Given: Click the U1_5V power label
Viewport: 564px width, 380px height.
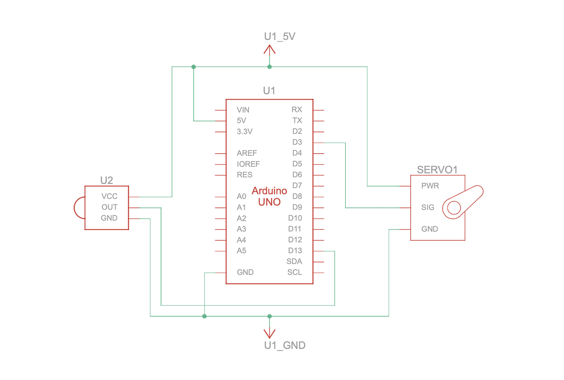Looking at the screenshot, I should [280, 37].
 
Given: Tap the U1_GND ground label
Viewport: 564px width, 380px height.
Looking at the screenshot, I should [285, 346].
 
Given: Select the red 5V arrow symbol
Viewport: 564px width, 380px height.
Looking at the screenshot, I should [269, 50].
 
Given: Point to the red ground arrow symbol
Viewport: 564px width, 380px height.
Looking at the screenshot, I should [269, 333].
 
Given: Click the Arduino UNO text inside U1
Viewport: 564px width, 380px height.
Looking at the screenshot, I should [269, 197].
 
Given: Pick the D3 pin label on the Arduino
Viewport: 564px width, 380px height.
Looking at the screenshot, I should [297, 142].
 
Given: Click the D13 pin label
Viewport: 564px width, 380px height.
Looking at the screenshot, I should [295, 251].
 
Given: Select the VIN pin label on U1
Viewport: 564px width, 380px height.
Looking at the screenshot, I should [243, 110].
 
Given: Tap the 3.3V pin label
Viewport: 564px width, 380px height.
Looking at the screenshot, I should [244, 132].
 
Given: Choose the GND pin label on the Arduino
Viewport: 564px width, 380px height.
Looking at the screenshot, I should [245, 273].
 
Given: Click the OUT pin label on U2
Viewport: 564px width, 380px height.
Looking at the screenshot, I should [110, 207].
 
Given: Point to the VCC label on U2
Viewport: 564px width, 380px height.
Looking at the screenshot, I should [110, 197].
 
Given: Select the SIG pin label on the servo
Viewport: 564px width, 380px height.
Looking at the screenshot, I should [427, 208].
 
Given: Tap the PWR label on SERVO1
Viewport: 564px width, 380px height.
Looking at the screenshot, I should [430, 186].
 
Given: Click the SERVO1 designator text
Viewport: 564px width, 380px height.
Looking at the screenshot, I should [437, 170].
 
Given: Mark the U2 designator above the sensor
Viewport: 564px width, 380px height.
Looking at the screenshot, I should [106, 181].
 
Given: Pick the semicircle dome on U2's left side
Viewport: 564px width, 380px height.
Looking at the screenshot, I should [78, 208].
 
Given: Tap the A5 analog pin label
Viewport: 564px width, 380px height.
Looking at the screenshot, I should [242, 251].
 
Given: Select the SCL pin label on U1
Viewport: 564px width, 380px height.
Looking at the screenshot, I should [295, 273].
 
